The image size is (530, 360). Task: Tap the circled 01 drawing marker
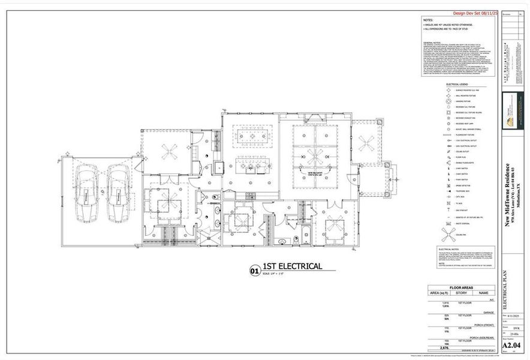(x=254, y=271)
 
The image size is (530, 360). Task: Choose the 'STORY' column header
(x=461, y=293)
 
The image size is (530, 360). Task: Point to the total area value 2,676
(x=444, y=347)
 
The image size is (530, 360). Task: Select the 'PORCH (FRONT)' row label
(x=483, y=325)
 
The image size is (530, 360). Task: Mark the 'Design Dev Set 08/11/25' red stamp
(x=475, y=13)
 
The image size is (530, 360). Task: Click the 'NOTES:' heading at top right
(x=429, y=19)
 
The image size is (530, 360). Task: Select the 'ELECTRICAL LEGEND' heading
(x=460, y=85)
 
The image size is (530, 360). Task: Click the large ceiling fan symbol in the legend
(x=449, y=233)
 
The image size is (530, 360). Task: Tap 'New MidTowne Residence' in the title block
(x=507, y=192)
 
